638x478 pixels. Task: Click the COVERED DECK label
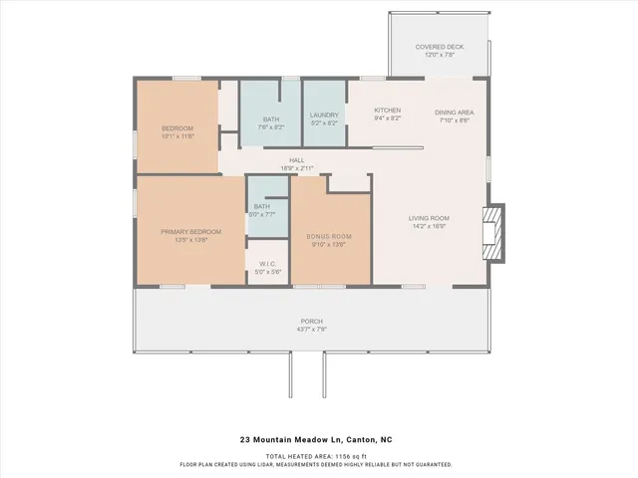point(439,47)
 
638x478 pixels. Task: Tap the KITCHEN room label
point(387,110)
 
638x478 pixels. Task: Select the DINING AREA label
point(454,113)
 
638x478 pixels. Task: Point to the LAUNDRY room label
point(324,115)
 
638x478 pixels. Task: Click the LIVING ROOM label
point(429,218)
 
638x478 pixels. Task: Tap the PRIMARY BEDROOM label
point(190,231)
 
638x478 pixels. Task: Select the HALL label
point(296,160)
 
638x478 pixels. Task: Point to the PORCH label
point(312,321)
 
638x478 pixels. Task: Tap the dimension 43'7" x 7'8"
point(312,329)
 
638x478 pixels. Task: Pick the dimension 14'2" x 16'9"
point(429,226)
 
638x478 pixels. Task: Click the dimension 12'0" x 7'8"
point(439,55)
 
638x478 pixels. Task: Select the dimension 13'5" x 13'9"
point(190,239)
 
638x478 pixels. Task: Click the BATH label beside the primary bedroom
point(262,206)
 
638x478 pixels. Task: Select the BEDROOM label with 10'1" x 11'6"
point(176,128)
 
